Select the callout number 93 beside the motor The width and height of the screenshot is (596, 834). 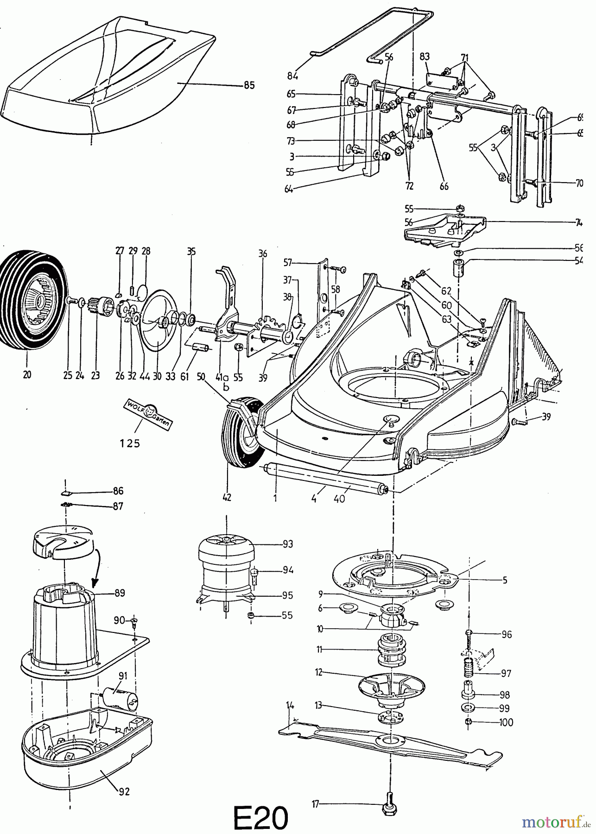[x=287, y=544]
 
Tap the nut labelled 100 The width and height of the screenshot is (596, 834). [x=469, y=722]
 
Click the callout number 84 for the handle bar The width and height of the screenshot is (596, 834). [x=292, y=76]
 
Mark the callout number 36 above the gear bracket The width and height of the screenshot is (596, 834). [x=263, y=253]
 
